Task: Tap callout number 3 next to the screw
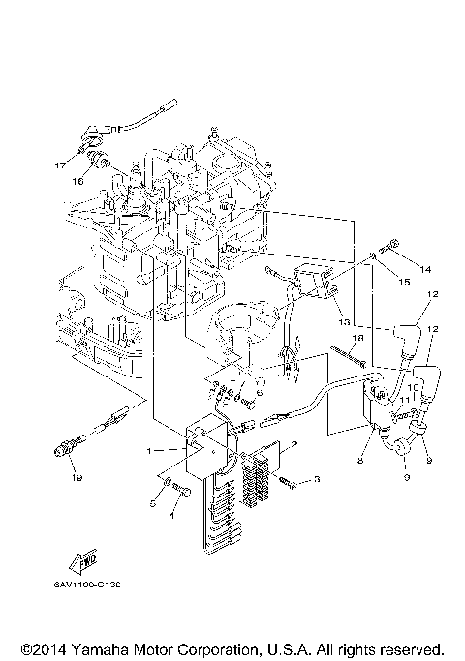coord(316,480)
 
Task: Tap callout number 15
coord(405,281)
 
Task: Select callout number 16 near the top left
coord(77,180)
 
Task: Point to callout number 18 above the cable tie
coord(357,339)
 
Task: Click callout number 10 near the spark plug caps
coord(412,388)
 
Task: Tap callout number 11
coord(406,399)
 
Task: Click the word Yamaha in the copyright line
coord(99,649)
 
